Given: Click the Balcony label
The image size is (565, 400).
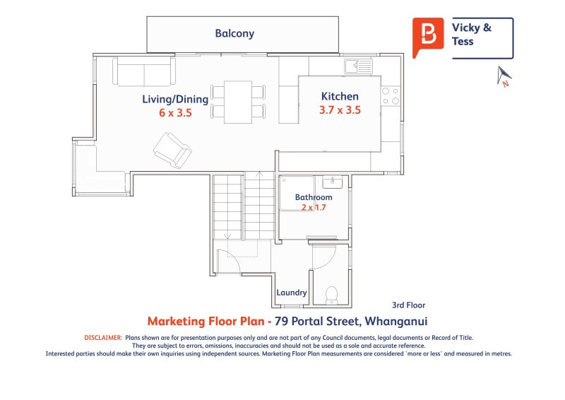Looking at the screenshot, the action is (234, 33).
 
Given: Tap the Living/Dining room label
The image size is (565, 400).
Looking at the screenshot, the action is (175, 99).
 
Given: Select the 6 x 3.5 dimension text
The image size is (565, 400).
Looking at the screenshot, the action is (175, 113).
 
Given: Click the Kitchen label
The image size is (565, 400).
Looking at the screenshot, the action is (340, 96).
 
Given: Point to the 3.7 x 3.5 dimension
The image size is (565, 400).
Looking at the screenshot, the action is (340, 110).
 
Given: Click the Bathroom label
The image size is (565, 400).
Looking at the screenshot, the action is (314, 197).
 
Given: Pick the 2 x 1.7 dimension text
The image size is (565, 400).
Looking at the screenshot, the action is (314, 207).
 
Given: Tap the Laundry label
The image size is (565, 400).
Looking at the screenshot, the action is (292, 293).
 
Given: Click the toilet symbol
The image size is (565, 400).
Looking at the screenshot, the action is (331, 295).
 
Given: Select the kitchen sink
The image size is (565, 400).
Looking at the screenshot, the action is (358, 66).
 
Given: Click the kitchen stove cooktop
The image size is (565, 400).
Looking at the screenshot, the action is (391, 96).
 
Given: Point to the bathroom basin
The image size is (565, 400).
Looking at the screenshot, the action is (332, 182).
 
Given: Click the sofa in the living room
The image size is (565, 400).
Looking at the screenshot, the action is (144, 71).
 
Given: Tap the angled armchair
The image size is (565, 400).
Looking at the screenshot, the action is (172, 150).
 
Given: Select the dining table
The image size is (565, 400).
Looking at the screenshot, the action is (238, 102).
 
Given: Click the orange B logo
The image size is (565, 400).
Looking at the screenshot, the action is (428, 37).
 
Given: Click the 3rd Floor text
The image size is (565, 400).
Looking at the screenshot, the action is (409, 305).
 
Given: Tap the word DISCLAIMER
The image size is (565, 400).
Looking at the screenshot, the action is (103, 338).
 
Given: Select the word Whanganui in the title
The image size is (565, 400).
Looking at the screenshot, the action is (396, 321).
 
